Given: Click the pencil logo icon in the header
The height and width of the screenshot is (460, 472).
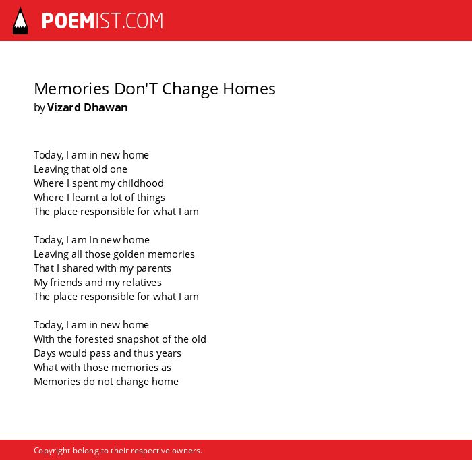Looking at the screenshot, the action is point(20,20).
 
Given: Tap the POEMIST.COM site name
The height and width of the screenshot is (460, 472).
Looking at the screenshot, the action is point(102,21).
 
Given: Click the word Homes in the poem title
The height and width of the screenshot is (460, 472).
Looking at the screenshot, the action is point(249,89).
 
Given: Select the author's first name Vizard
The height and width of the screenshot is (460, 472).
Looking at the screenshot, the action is point(63,107).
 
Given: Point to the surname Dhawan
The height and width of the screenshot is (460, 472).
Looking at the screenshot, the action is point(106,107).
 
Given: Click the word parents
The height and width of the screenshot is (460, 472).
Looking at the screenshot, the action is point(154,268).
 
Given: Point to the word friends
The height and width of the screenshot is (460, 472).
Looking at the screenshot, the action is point(66,283).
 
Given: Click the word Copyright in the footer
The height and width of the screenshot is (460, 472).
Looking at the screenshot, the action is point(52,451).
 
